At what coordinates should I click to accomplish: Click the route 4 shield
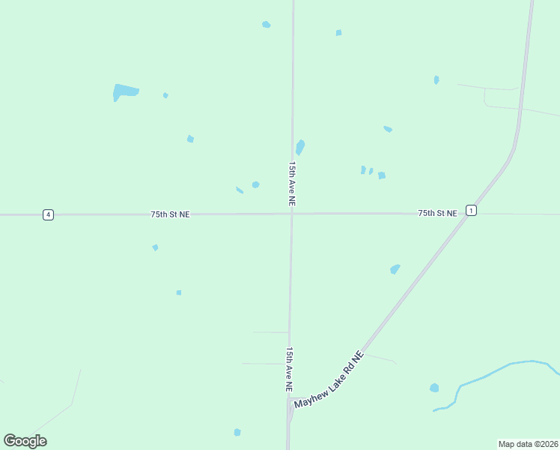(x=48, y=214)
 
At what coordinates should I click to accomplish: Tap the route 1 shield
(x=470, y=211)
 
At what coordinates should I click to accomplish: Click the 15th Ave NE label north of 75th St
(x=293, y=183)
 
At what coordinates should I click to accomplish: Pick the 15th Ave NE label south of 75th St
(x=288, y=368)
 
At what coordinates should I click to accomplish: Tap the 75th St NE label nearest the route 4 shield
(x=170, y=214)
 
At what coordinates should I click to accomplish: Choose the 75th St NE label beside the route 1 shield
(x=437, y=214)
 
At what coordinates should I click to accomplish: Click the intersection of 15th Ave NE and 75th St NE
(x=292, y=214)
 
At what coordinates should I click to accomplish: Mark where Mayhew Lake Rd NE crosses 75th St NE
(x=466, y=214)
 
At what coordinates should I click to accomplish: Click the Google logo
(x=25, y=441)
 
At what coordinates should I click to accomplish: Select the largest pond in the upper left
(x=125, y=91)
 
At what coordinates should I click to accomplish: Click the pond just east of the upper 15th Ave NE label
(x=300, y=147)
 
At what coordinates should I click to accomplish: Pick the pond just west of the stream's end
(x=434, y=388)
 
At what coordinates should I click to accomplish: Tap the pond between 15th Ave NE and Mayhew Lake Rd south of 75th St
(x=395, y=269)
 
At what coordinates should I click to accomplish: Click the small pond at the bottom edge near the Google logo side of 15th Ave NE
(x=237, y=432)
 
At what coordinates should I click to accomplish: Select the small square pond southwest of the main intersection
(x=179, y=292)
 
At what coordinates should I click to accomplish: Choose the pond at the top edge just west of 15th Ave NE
(x=266, y=25)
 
